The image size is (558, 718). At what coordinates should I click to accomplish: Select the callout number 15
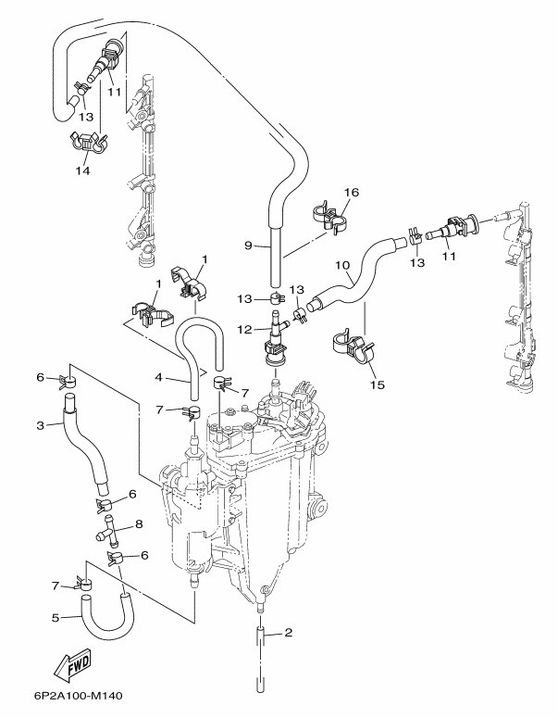[x=376, y=384]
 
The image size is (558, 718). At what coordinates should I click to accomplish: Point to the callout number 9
[x=248, y=246]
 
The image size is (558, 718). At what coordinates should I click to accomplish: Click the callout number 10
[x=341, y=265]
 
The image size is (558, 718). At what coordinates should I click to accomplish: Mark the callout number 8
[x=139, y=523]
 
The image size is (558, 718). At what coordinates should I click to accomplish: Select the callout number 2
[x=289, y=634]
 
